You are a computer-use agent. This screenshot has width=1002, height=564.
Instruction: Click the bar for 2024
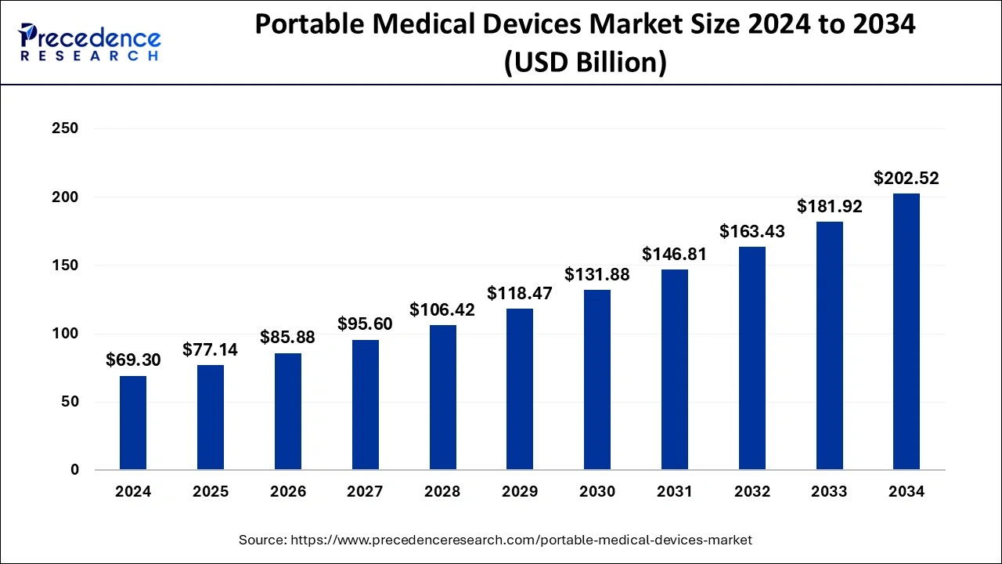point(133,423)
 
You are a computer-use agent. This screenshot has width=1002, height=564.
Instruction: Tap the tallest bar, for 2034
point(906,332)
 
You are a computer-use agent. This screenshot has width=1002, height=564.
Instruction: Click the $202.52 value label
point(906,179)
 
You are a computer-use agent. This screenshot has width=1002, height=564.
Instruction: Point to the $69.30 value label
point(133,360)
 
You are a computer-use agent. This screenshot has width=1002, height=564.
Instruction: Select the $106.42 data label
point(442,310)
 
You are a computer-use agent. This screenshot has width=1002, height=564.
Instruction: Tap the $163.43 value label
point(751,232)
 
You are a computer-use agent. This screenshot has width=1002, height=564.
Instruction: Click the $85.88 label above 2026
point(287,338)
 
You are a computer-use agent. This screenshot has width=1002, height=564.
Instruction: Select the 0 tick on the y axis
point(74,470)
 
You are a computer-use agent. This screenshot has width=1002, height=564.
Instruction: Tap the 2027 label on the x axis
point(365,492)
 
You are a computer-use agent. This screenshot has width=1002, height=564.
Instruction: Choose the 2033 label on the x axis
point(829,492)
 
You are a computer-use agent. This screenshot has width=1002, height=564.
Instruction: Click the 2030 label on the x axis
point(597,492)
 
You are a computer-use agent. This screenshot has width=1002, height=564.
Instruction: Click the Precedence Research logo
point(90,42)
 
